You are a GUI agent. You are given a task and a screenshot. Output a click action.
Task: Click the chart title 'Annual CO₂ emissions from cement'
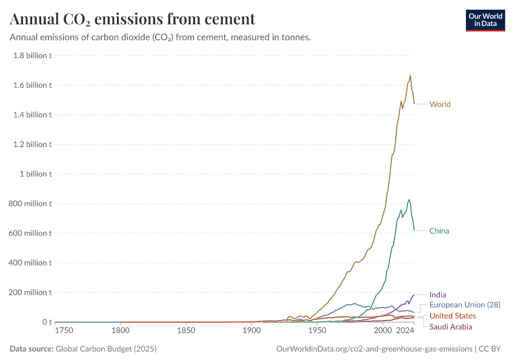coord(133,19)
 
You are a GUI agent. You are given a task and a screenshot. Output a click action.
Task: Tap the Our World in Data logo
coord(485,20)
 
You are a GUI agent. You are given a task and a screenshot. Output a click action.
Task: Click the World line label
coord(440,104)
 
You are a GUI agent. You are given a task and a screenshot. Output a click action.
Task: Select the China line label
coord(439,231)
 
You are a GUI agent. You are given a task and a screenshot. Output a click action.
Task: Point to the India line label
coord(437,295)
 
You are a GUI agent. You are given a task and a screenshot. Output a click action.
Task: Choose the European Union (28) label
coord(465,304)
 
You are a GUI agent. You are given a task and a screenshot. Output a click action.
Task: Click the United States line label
coord(453,316)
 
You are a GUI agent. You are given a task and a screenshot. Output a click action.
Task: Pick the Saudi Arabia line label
coord(451,327)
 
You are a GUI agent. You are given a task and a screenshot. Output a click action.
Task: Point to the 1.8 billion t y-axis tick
coord(32,56)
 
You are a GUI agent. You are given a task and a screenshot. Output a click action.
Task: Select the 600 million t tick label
coord(30,234)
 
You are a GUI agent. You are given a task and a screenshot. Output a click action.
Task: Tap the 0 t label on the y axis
coord(46,322)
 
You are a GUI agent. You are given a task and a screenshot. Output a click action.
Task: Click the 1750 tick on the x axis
coord(64,332)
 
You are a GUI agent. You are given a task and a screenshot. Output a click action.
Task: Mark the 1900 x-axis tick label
coord(251,332)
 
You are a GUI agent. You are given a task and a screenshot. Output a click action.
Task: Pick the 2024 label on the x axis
coord(405,332)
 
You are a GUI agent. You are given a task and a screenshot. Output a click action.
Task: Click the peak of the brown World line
coord(410,76)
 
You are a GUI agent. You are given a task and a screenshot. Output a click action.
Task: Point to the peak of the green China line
coord(409,199)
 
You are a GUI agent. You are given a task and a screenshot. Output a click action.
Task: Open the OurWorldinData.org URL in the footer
coord(374,348)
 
